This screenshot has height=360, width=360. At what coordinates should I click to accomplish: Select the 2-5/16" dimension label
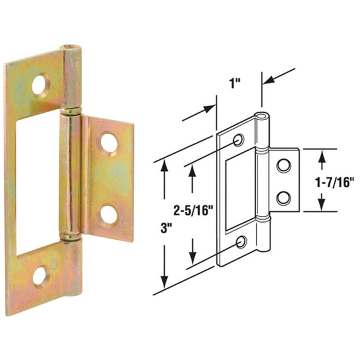pyautogui.click(x=193, y=212)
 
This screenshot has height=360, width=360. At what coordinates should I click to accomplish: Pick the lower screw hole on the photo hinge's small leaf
pyautogui.click(x=110, y=214)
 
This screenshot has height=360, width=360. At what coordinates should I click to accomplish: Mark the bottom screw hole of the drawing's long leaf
pyautogui.click(x=242, y=243)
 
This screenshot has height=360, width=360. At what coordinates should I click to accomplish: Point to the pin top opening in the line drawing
pyautogui.click(x=262, y=117)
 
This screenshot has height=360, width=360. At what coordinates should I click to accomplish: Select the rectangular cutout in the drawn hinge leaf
pyautogui.click(x=239, y=192)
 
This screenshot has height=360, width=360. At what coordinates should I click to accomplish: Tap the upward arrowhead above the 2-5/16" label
pyautogui.click(x=193, y=171)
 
